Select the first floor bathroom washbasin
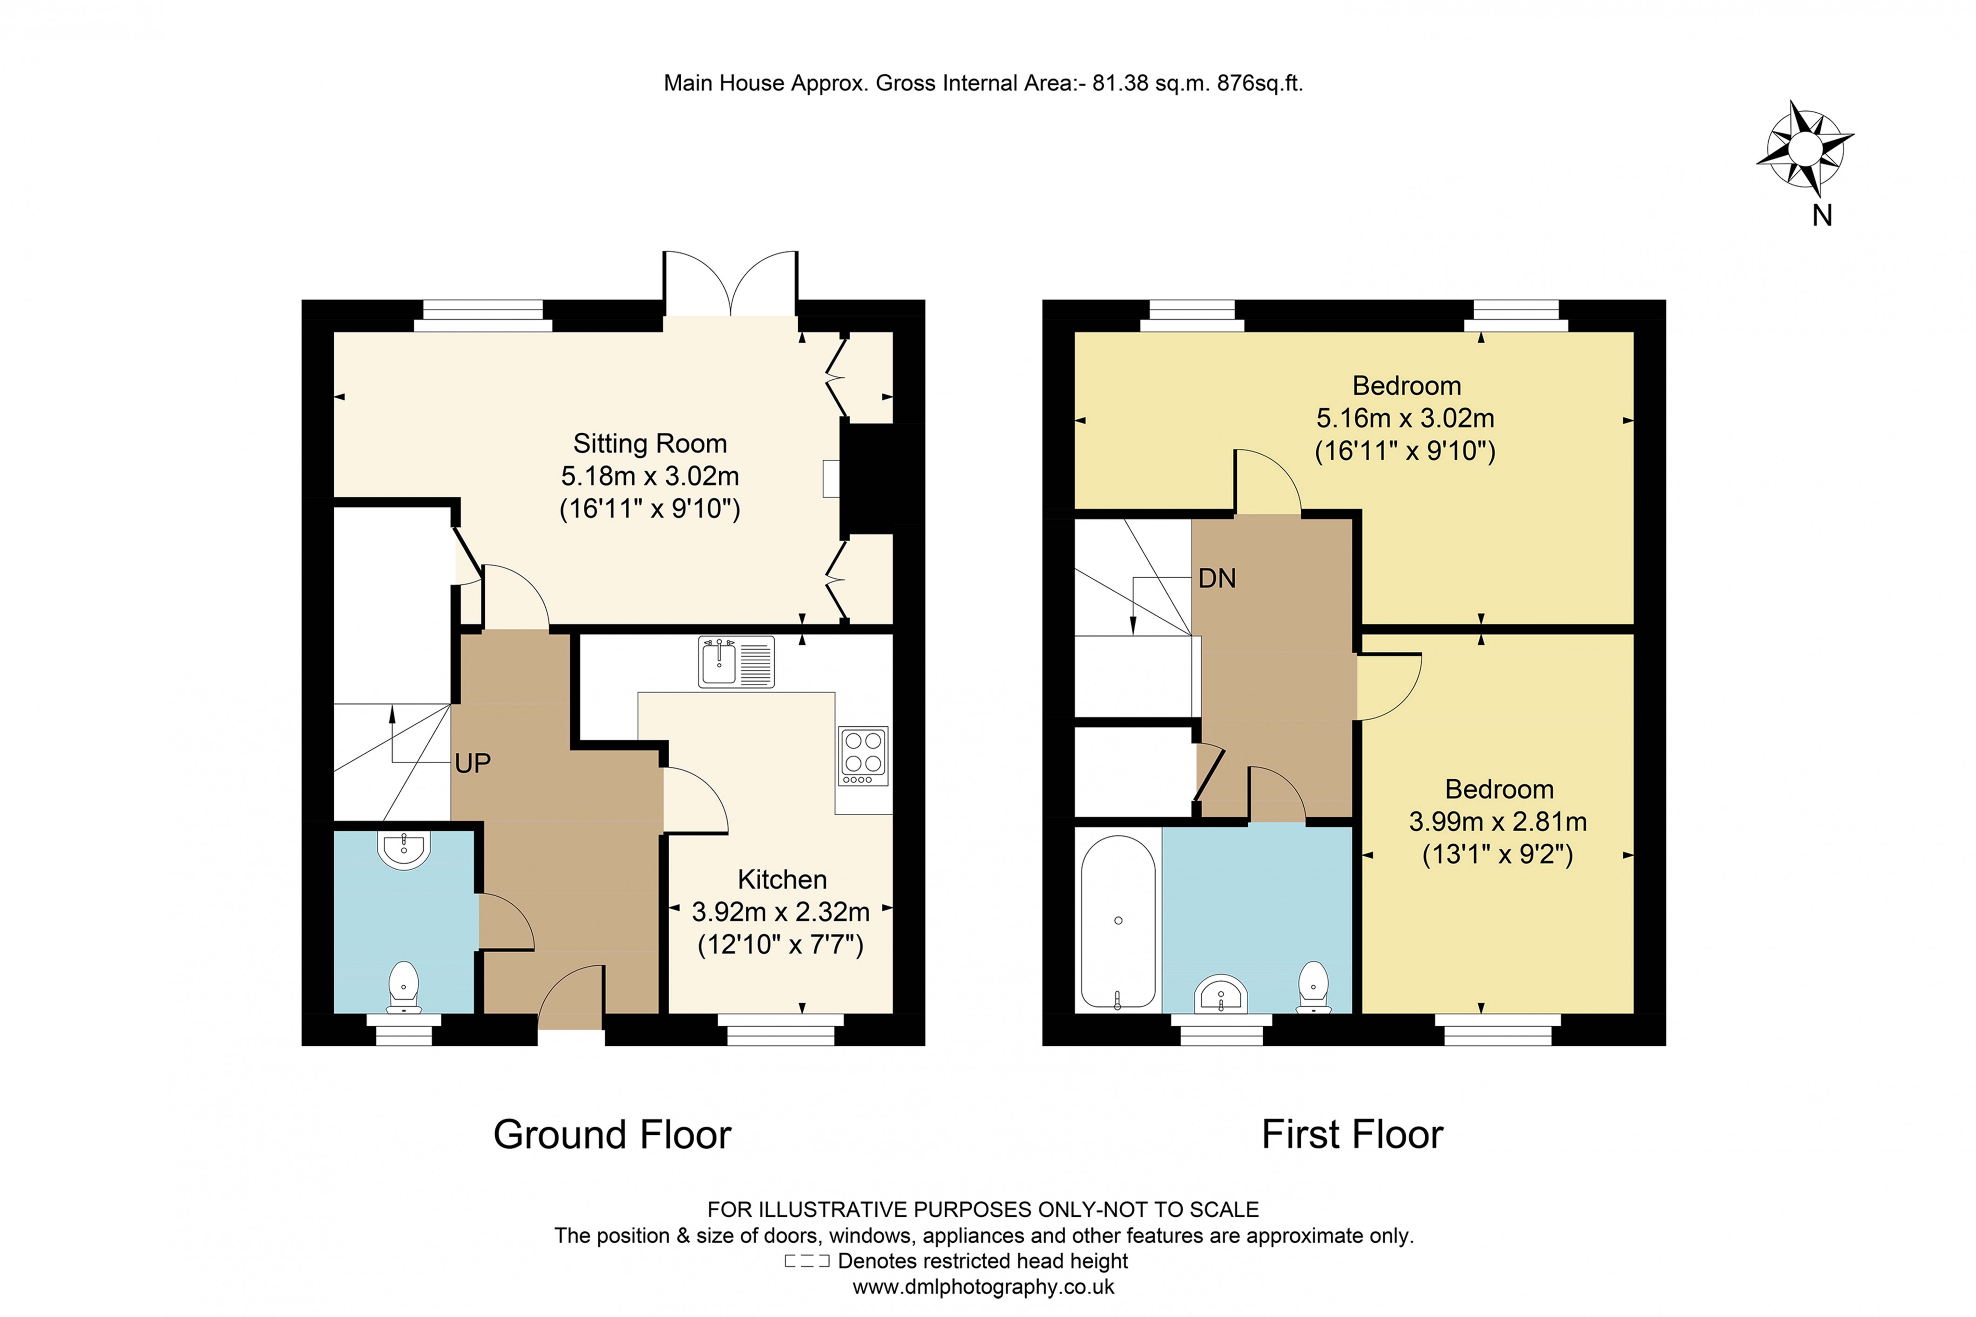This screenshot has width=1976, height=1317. (x=1220, y=995)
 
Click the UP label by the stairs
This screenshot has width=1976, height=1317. (x=473, y=764)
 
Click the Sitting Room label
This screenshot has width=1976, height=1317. (x=650, y=444)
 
